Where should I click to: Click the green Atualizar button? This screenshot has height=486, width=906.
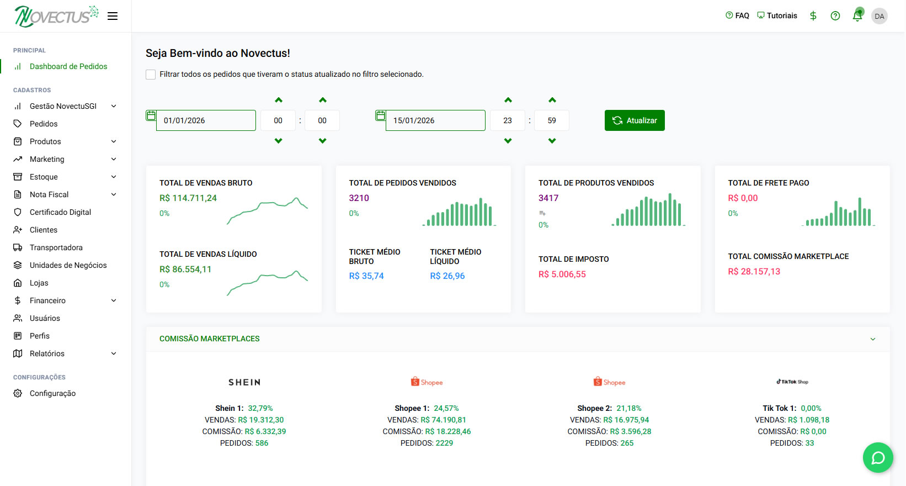pyautogui.click(x=635, y=120)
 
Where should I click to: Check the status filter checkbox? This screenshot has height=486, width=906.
pyautogui.click(x=151, y=75)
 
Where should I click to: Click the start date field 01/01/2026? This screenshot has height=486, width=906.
pyautogui.click(x=206, y=120)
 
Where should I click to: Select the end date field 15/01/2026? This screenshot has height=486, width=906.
pyautogui.click(x=435, y=120)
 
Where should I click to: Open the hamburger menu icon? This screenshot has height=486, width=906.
pyautogui.click(x=113, y=16)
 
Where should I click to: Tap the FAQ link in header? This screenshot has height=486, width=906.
pyautogui.click(x=737, y=15)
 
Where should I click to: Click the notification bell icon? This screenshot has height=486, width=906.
pyautogui.click(x=857, y=16)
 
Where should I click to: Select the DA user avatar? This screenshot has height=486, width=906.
pyautogui.click(x=880, y=16)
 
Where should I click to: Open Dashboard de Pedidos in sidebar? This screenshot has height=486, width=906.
pyautogui.click(x=68, y=66)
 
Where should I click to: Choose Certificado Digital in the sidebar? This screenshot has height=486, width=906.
pyautogui.click(x=60, y=212)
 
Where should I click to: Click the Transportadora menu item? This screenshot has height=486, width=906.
pyautogui.click(x=56, y=247)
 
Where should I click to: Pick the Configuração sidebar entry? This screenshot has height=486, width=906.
pyautogui.click(x=52, y=393)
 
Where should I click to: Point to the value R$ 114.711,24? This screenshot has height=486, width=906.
pyautogui.click(x=188, y=198)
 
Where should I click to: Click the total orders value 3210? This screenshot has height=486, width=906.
pyautogui.click(x=359, y=198)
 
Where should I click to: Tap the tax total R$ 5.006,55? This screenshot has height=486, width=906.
pyautogui.click(x=562, y=274)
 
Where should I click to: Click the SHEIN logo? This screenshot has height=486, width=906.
pyautogui.click(x=244, y=382)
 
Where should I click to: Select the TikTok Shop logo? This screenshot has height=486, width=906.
pyautogui.click(x=792, y=382)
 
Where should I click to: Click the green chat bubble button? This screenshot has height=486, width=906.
pyautogui.click(x=878, y=457)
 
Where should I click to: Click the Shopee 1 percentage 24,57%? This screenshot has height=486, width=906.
pyautogui.click(x=446, y=408)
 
